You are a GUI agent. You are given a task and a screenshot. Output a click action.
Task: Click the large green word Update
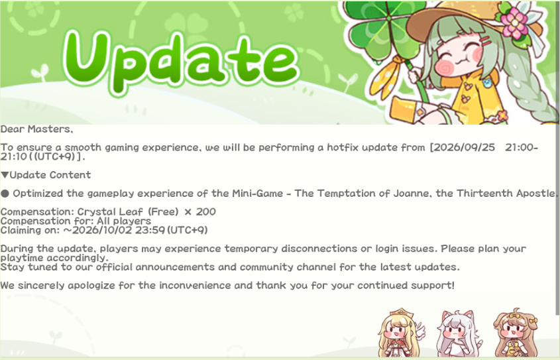[x=181, y=59]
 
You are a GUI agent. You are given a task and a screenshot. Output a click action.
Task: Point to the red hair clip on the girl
[x=485, y=40]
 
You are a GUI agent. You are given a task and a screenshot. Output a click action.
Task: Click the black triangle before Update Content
[x=5, y=175]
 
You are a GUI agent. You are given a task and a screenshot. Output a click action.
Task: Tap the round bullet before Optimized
[x=5, y=194]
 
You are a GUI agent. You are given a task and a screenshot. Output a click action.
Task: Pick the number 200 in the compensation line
[x=205, y=211]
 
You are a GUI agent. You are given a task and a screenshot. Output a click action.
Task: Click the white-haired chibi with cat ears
[x=459, y=333]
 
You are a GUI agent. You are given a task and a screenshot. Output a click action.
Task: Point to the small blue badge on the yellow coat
[x=487, y=83]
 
